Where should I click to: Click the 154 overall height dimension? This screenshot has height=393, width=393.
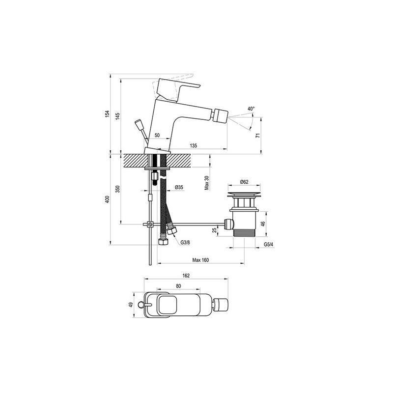pyautogui.click(x=108, y=114)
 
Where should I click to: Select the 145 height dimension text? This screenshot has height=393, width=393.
pyautogui.click(x=118, y=116)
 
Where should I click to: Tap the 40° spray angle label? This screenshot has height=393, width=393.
pyautogui.click(x=251, y=109)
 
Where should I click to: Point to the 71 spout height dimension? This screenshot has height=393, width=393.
pyautogui.click(x=257, y=136)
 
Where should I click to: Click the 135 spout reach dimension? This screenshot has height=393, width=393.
pyautogui.click(x=194, y=145)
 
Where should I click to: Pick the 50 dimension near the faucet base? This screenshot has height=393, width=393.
pyautogui.click(x=157, y=136)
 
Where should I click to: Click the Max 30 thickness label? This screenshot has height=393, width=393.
pyautogui.click(x=207, y=182)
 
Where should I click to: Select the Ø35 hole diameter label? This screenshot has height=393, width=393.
pyautogui.click(x=179, y=187)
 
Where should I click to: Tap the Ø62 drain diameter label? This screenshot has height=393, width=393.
pyautogui.click(x=244, y=182)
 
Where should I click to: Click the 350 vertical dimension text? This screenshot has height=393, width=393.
pyautogui.click(x=118, y=189)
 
